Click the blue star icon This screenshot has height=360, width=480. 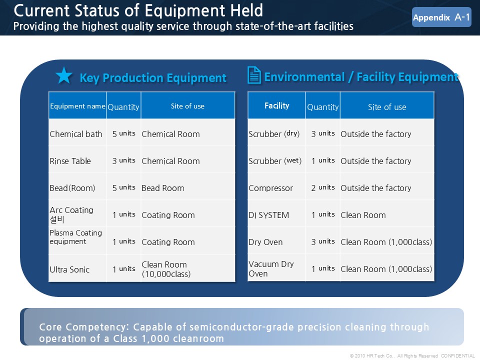tap(64, 75)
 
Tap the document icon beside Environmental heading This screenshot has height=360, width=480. tap(254, 75)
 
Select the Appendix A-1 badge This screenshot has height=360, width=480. tap(441, 17)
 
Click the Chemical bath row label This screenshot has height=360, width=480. tap(76, 134)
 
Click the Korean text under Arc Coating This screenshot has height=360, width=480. tap(57, 219)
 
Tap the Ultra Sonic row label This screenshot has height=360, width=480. tap(69, 269)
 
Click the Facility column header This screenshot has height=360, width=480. tap(276, 105)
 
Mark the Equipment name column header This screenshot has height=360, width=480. tap(77, 106)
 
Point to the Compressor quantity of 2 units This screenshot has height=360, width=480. tap(323, 187)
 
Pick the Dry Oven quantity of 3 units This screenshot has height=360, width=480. tap(323, 241)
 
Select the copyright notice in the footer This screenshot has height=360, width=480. tap(412, 355)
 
